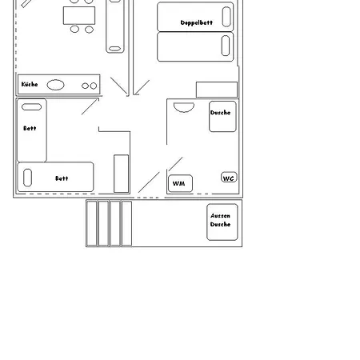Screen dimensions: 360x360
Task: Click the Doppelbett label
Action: pos(197,22)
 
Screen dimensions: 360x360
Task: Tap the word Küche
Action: pos(30,84)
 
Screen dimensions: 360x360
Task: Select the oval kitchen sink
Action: pos(55,85)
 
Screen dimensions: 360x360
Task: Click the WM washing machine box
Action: pos(180,183)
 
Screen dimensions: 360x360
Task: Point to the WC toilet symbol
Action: pos(229,178)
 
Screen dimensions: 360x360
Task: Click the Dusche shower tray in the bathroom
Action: pos(222,116)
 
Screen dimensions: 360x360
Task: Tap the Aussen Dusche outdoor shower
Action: pos(222,222)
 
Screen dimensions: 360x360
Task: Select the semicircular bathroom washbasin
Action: pos(184,107)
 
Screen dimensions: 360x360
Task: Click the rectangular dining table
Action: pos(79,16)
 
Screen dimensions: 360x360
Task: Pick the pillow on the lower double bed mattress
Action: pos(226,46)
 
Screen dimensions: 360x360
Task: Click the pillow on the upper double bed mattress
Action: pos(226,17)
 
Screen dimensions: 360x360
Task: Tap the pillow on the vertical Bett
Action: pos(31,107)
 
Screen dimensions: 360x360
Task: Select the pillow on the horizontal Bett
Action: pos(27,178)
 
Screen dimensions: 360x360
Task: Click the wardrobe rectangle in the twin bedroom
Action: pos(122,174)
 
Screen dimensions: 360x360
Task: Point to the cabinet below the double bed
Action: pos(217,90)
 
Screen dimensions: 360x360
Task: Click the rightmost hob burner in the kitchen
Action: pos(94,86)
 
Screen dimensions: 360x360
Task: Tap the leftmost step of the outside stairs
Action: pos(91,223)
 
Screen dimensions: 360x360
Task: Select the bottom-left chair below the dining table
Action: pos(74,29)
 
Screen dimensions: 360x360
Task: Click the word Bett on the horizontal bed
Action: pos(62,178)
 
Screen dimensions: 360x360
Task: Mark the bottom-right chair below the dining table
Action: pos(89,30)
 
